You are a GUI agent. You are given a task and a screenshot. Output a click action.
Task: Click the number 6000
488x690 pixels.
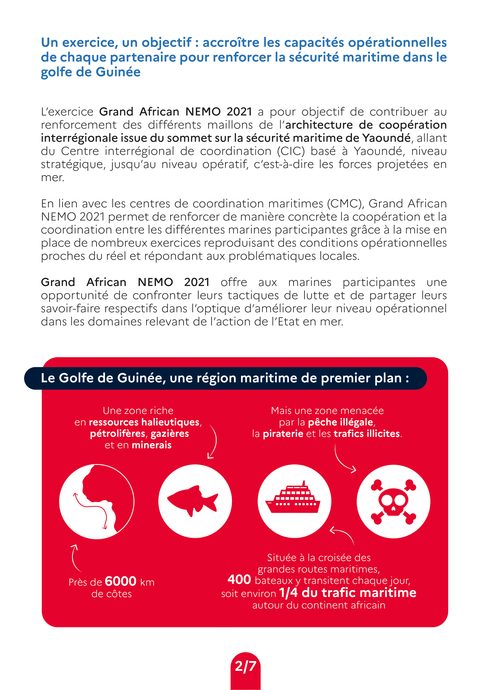pos(120,581)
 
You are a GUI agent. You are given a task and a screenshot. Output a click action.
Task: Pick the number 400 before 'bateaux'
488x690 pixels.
pos(239,579)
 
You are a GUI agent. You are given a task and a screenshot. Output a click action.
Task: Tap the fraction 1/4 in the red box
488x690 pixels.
pos(288,593)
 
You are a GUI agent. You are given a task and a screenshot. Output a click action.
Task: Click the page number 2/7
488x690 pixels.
pos(245,666)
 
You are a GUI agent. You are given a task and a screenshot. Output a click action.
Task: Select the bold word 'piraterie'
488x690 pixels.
pos(283,434)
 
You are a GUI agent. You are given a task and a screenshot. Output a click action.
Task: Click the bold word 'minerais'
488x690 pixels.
pos(151,445)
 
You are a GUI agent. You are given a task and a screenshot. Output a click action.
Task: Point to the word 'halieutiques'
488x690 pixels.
pos(170,422)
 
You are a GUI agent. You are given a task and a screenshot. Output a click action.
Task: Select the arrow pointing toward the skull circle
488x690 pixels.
pos(344,459)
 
